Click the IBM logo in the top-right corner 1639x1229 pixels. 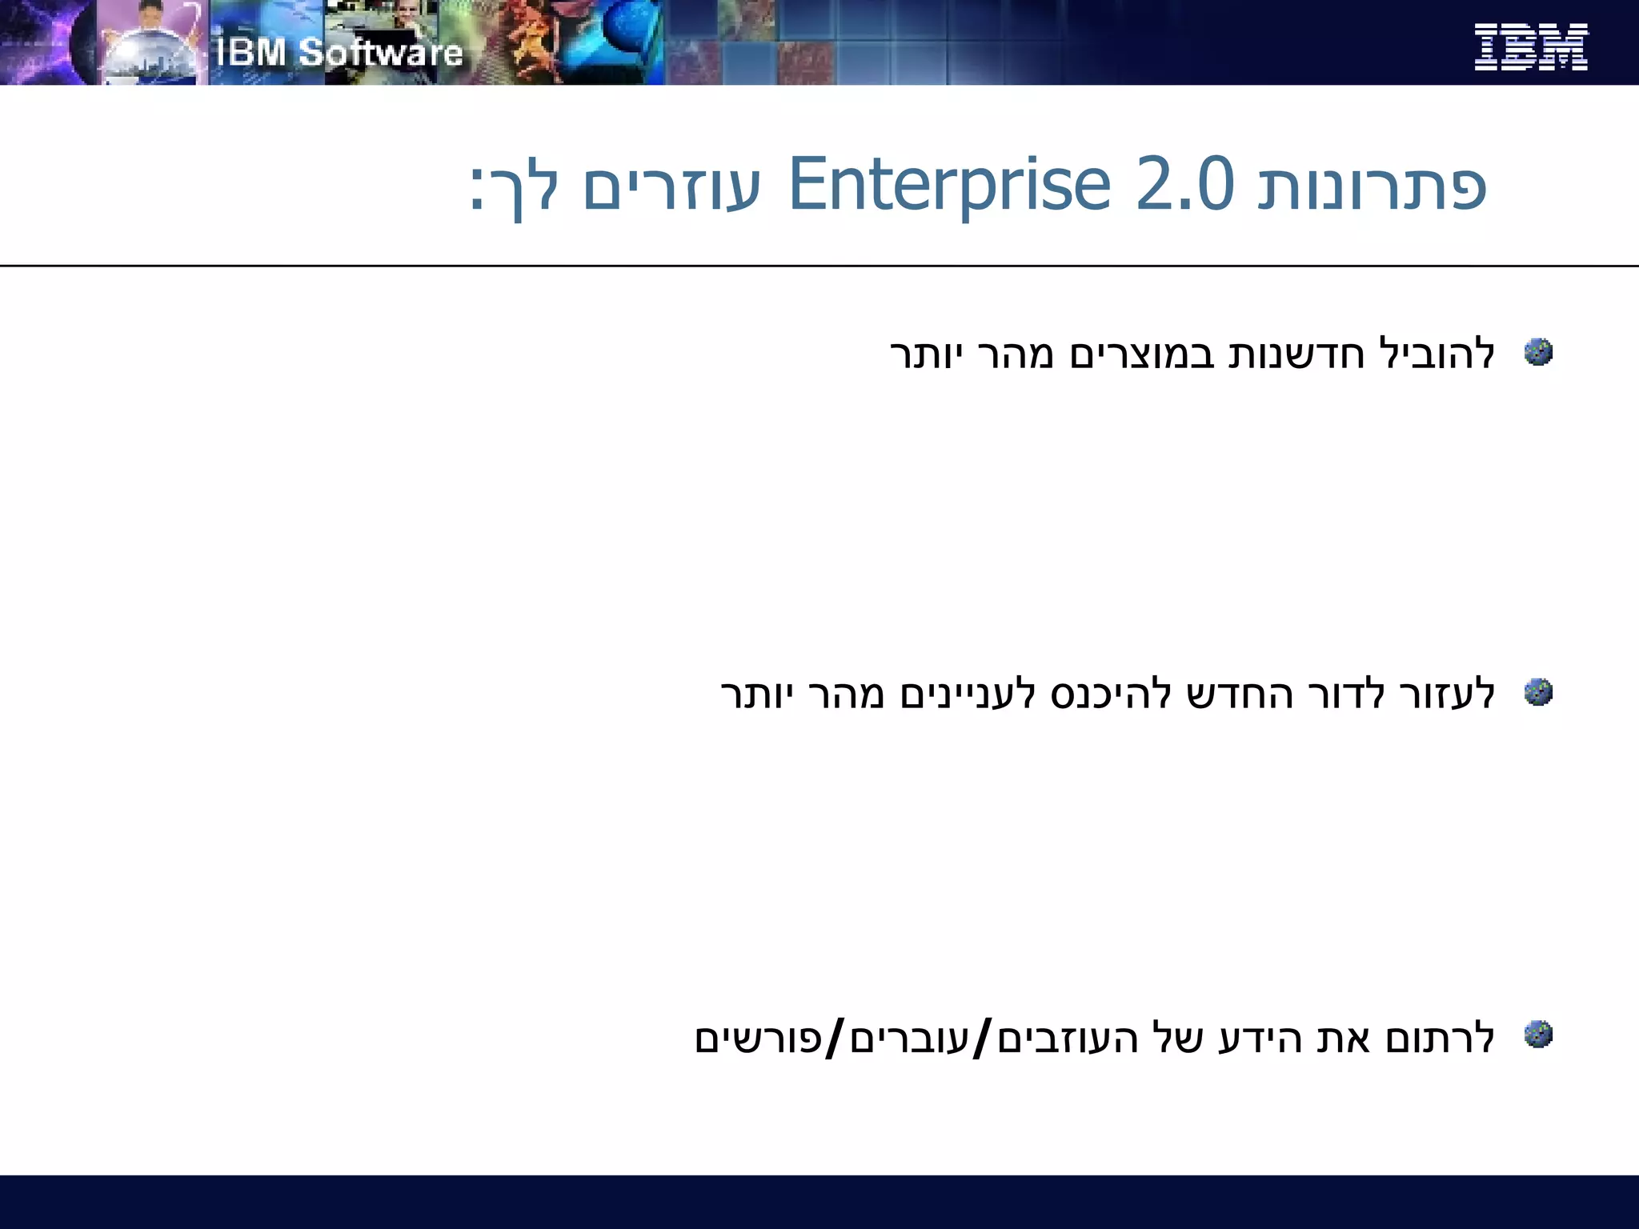point(1530,47)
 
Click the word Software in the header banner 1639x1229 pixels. point(381,53)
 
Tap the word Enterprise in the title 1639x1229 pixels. point(949,186)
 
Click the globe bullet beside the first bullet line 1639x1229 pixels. point(1538,352)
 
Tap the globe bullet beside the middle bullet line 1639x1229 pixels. point(1538,692)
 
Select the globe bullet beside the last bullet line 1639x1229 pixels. point(1538,1034)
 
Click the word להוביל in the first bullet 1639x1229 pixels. point(1437,354)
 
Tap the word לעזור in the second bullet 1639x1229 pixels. point(1447,694)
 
